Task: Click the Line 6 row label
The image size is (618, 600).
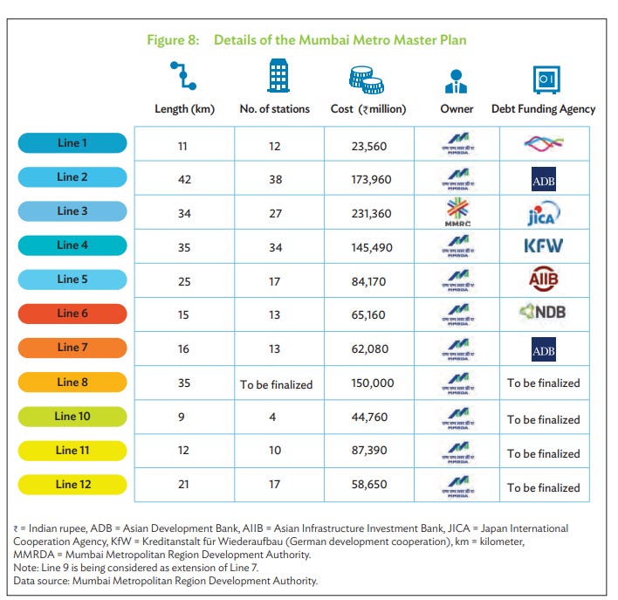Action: point(73,314)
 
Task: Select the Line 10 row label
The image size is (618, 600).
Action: point(73,417)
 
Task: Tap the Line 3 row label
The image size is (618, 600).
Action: point(73,211)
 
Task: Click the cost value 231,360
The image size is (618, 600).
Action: point(371,212)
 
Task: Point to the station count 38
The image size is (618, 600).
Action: point(275,179)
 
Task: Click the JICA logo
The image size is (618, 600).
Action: point(543,212)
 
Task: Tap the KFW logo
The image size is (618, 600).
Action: point(543,246)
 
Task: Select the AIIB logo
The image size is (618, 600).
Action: point(543,279)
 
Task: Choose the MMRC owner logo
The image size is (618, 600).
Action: point(457,212)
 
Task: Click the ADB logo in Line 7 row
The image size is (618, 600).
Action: point(543,349)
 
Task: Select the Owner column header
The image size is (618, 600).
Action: point(457,109)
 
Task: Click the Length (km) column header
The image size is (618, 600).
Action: point(184,109)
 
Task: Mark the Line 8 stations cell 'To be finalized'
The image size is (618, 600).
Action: point(275,383)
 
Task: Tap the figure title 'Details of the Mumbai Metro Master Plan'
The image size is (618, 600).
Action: point(340,40)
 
